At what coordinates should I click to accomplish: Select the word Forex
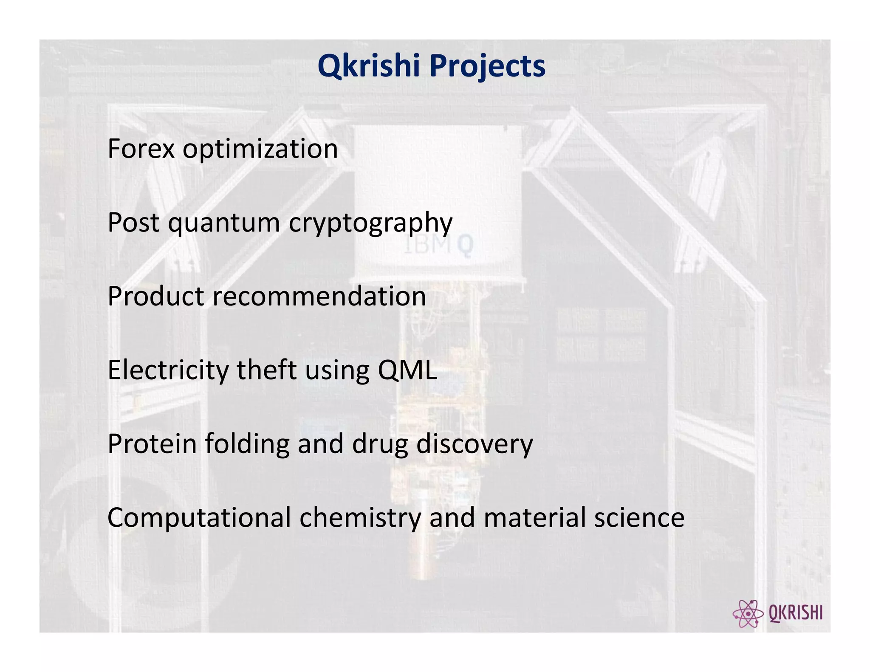click(x=141, y=149)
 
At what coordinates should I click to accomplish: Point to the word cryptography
click(x=370, y=223)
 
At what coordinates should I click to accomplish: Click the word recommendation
click(x=319, y=296)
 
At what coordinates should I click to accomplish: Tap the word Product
click(x=155, y=296)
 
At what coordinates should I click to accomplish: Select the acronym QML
click(x=407, y=370)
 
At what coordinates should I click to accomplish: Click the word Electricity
click(x=168, y=370)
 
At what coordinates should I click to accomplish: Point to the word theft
click(x=266, y=370)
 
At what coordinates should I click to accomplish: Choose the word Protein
click(x=152, y=443)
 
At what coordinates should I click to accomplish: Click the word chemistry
click(x=360, y=518)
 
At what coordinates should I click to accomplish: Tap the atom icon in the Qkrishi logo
click(x=748, y=613)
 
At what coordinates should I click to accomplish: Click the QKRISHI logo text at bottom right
click(x=796, y=613)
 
